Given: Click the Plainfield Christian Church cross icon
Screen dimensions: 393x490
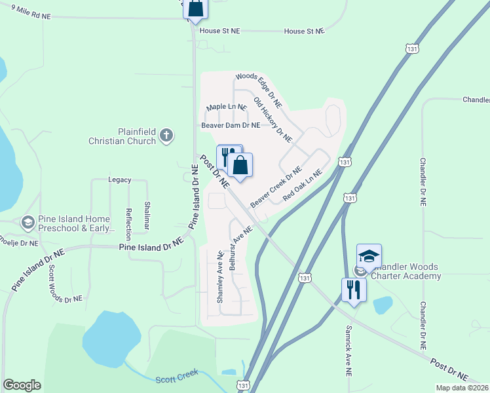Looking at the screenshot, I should pos(167,136).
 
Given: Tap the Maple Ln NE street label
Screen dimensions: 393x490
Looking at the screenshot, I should pos(226,107).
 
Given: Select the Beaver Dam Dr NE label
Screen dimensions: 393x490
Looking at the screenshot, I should pos(231,125).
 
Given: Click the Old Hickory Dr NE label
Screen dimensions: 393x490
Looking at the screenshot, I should pos(273,119).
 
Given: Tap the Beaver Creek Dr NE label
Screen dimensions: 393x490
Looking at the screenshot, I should pos(275,187).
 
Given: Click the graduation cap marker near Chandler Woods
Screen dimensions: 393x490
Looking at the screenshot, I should pos(369,256).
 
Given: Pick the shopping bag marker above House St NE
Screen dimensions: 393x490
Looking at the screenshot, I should pos(195,9).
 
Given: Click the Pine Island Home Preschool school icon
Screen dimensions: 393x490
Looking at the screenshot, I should pos(28,223).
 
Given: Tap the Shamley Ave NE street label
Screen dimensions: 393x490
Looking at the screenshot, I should pos(221,276).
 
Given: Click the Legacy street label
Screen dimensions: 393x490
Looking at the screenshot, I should pos(120,179).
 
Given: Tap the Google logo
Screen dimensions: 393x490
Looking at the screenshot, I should pos(22,385).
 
